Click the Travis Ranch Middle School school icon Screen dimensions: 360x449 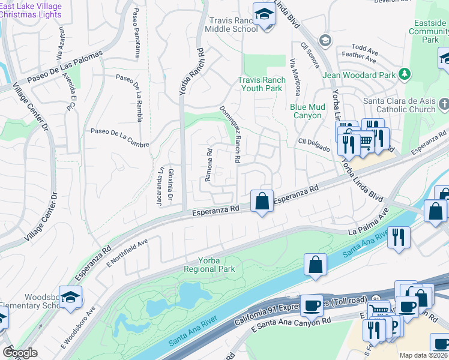pyautogui.click(x=264, y=14)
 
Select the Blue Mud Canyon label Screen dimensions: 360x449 pyautogui.click(x=307, y=111)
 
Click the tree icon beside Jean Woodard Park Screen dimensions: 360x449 pyautogui.click(x=406, y=74)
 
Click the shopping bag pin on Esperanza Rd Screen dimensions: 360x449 pyautogui.click(x=262, y=202)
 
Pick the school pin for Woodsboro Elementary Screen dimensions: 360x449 pyautogui.click(x=70, y=298)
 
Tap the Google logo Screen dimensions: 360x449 pyautogui.click(x=20, y=353)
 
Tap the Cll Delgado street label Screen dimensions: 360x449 pyautogui.click(x=314, y=145)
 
